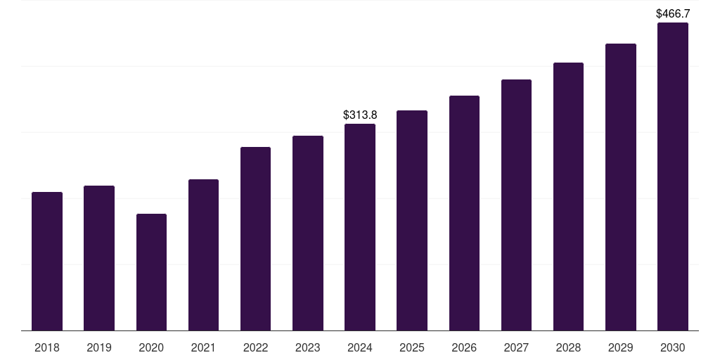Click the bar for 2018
tap(47, 261)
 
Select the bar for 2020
tap(151, 272)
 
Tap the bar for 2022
tap(255, 238)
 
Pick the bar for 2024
tap(360, 227)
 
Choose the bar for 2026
tap(464, 213)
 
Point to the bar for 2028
tap(568, 196)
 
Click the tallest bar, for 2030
tap(673, 176)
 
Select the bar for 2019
tap(99, 258)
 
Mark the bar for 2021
tap(203, 255)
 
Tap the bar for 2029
tap(621, 187)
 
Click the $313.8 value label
tap(360, 115)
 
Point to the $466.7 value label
tap(673, 13)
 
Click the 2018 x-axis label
tap(47, 347)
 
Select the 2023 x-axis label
tap(308, 347)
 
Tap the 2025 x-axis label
tap(412, 347)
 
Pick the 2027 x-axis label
tap(516, 347)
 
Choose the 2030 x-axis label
tap(673, 347)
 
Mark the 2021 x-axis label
tap(203, 347)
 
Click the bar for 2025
tap(412, 220)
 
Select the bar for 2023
tap(308, 233)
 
